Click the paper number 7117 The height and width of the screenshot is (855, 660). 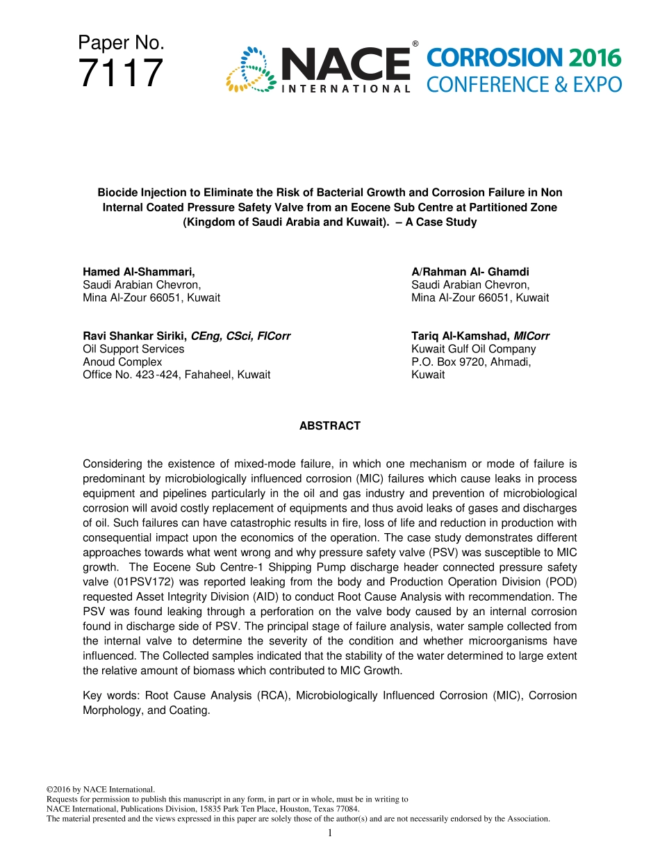(121, 74)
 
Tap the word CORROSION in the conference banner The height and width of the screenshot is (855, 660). (495, 58)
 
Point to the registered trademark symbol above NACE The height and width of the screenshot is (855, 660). (415, 44)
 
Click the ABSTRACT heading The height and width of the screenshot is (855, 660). (329, 426)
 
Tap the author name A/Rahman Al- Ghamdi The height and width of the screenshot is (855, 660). (470, 272)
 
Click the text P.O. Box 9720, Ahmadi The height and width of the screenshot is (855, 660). (471, 362)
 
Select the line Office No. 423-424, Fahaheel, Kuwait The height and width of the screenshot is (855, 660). (176, 375)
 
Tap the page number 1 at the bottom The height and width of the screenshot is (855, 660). (330, 833)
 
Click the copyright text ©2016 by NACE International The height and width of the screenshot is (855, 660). (100, 790)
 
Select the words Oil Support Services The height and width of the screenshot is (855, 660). (133, 349)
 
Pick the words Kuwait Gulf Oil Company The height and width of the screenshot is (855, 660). (473, 349)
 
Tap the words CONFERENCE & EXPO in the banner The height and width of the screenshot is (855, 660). (524, 85)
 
